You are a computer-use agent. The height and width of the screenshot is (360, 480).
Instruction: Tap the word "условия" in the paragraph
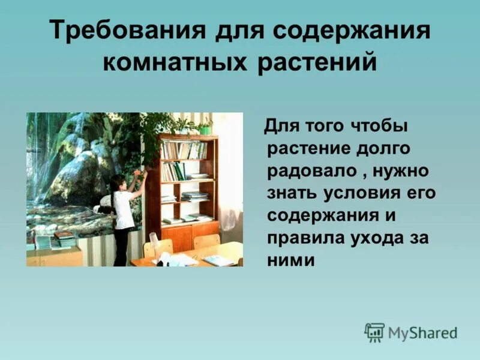368,193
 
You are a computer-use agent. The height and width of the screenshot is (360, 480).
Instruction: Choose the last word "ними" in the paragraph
291,260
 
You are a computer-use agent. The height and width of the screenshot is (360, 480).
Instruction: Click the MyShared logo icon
374,332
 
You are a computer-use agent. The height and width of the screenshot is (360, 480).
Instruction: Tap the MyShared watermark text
422,333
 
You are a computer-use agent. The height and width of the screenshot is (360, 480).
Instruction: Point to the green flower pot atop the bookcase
206,128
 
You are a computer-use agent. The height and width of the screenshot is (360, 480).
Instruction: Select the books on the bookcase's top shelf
183,151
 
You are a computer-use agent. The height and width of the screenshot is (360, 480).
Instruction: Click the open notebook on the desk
218,260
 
